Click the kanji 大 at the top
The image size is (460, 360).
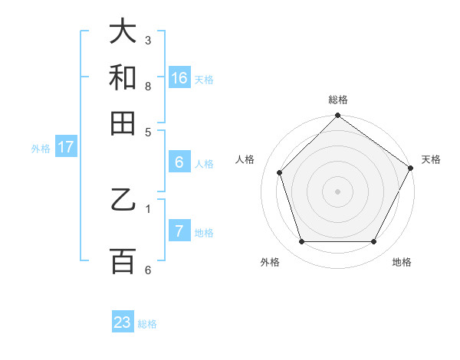click(123, 31)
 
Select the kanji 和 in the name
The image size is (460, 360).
click(123, 77)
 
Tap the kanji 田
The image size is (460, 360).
click(123, 123)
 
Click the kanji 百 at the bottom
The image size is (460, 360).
click(123, 260)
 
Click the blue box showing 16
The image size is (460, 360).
click(179, 77)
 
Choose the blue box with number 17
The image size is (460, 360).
click(65, 147)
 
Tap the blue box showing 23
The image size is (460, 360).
click(123, 322)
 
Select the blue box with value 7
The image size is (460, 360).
click(179, 231)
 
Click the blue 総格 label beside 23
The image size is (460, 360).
click(147, 324)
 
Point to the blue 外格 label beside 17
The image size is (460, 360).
click(40, 149)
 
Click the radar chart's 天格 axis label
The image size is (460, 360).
click(431, 159)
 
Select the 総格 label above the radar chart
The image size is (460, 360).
click(338, 100)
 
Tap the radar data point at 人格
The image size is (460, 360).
click(280, 172)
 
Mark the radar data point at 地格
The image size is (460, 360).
click(374, 241)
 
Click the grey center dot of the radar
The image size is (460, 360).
click(338, 191)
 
